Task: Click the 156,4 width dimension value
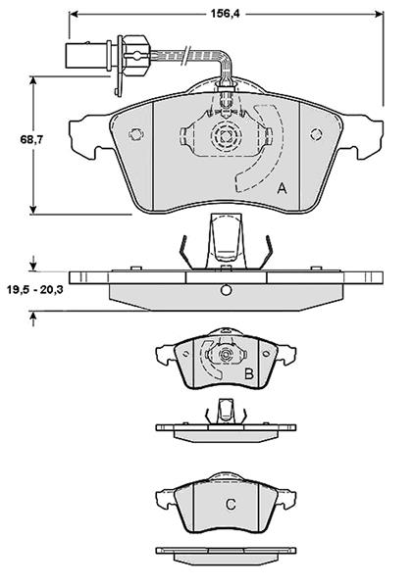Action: click(x=225, y=14)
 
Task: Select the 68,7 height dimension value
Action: click(x=32, y=140)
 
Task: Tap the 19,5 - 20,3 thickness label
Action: click(x=35, y=290)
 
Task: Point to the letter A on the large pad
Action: click(x=282, y=188)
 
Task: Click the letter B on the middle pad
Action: click(x=249, y=373)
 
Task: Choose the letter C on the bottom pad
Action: click(x=231, y=505)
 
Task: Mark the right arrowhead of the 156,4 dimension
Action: click(x=379, y=14)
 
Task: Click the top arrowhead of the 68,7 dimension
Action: click(x=33, y=81)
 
